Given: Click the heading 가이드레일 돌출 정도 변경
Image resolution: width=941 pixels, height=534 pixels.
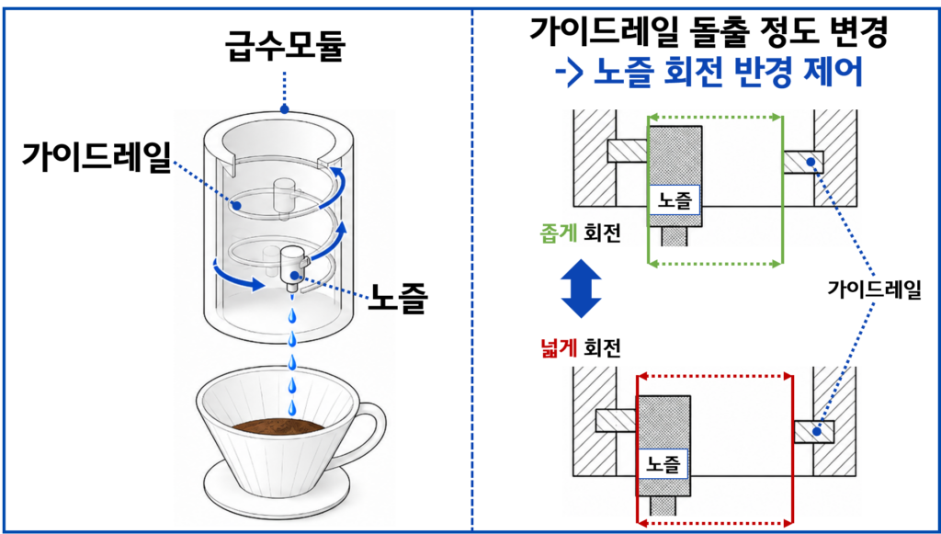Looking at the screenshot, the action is [708, 34].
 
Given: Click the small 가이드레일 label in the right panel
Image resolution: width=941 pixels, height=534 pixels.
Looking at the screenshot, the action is [874, 290].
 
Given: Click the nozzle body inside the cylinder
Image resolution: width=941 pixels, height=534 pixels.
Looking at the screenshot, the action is [293, 266].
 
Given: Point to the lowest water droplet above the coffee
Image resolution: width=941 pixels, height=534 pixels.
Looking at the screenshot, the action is [291, 407].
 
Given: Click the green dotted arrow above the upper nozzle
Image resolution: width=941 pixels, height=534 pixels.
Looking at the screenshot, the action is [715, 117].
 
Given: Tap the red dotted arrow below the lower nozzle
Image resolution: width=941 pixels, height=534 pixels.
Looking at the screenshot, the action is [715, 522].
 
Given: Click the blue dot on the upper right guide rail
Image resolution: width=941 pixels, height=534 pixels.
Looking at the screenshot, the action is [811, 162].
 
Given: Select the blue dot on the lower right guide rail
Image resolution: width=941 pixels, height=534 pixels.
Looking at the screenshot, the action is [817, 430].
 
